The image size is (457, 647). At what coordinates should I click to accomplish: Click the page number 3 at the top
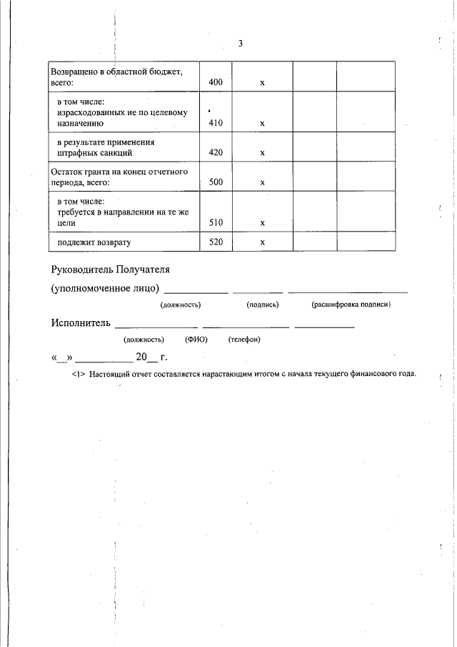(x=241, y=44)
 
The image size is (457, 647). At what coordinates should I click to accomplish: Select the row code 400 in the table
(x=216, y=83)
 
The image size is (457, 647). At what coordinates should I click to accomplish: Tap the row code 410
(x=216, y=123)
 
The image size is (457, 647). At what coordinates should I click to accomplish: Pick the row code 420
(x=216, y=153)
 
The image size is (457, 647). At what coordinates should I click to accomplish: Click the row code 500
(x=216, y=182)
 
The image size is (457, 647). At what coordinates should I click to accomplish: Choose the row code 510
(x=216, y=222)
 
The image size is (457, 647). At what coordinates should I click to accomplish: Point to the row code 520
(x=216, y=242)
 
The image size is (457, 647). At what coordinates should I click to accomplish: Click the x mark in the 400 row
(x=262, y=83)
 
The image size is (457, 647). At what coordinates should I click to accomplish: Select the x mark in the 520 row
(x=262, y=242)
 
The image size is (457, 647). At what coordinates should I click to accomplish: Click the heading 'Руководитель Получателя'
(x=111, y=270)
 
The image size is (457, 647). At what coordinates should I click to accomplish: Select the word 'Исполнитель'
(x=81, y=322)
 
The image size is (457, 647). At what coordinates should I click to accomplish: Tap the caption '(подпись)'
(x=262, y=305)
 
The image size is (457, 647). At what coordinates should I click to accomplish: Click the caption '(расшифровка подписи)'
(x=351, y=305)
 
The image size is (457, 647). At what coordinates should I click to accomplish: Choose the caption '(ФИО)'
(x=196, y=339)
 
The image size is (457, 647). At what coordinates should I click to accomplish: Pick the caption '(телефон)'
(x=244, y=339)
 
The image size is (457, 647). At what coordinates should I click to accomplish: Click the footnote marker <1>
(x=79, y=374)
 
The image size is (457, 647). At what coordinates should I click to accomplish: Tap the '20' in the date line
(x=141, y=356)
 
